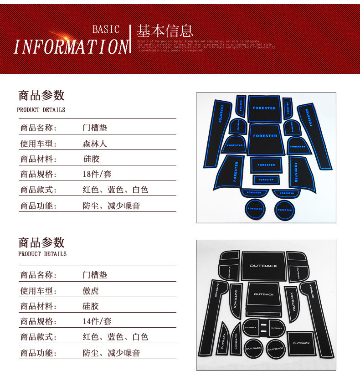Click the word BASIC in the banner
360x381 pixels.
tap(106, 30)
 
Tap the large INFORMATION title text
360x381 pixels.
tap(71, 47)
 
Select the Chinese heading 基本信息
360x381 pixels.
tap(165, 31)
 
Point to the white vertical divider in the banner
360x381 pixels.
tap(130, 39)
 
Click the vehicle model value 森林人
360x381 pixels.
tap(95, 144)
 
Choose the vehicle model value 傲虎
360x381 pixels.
tap(91, 291)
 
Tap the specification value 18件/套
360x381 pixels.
tap(97, 174)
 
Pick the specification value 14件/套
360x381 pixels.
tap(97, 321)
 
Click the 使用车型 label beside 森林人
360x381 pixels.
tap(38, 144)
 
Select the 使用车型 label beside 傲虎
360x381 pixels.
tap(38, 291)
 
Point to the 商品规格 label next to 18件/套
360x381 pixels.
tap(38, 174)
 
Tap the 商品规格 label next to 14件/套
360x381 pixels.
tap(38, 321)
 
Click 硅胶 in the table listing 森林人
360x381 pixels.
tap(91, 159)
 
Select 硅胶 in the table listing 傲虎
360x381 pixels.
tap(91, 306)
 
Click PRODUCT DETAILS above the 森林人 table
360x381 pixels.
tap(41, 110)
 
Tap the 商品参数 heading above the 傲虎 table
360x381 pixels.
tap(41, 242)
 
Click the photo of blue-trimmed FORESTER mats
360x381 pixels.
tap(266, 158)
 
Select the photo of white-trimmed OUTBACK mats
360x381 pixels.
tap(266, 305)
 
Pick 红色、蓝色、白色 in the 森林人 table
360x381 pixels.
tap(115, 190)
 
